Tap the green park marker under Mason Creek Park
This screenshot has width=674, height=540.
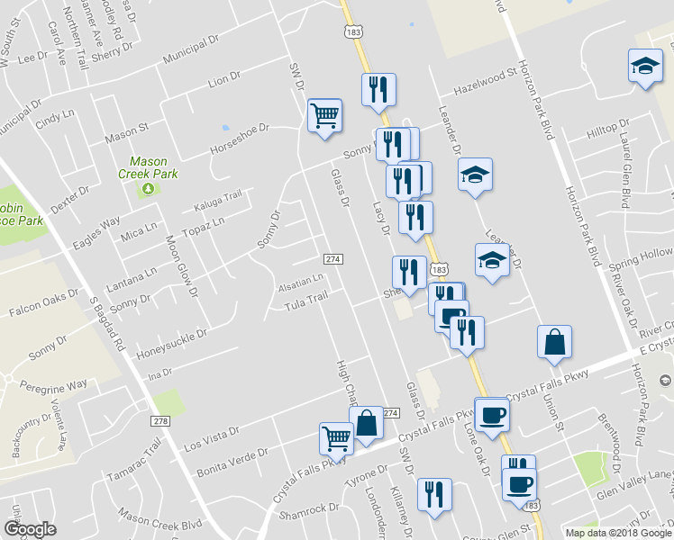pos(147,188)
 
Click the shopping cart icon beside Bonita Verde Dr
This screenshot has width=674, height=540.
pos(336,439)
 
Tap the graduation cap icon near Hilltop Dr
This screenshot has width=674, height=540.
pos(644,67)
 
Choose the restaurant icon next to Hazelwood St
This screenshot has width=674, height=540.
pos(378,90)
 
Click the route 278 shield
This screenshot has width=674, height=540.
pos(161,421)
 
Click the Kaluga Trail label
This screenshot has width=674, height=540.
pos(218,201)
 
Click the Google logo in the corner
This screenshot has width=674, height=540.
pos(30,529)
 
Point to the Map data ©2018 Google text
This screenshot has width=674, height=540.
pos(617,533)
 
